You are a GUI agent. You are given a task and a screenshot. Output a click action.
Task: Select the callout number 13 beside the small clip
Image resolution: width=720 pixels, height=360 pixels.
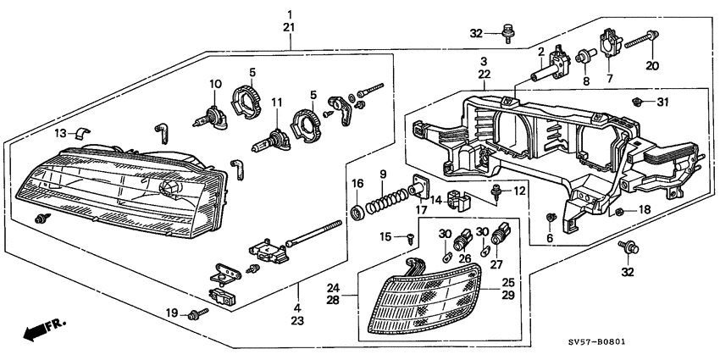pyautogui.click(x=60, y=133)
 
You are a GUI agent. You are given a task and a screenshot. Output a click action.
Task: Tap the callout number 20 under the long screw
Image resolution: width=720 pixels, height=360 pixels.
pyautogui.click(x=651, y=67)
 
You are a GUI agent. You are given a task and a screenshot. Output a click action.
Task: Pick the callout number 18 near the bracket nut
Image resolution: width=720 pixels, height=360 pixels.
pyautogui.click(x=645, y=209)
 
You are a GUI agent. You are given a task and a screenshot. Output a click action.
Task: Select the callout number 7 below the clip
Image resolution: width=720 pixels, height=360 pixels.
pyautogui.click(x=608, y=79)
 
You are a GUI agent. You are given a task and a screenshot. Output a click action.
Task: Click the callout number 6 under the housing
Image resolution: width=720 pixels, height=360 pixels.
pyautogui.click(x=550, y=240)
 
